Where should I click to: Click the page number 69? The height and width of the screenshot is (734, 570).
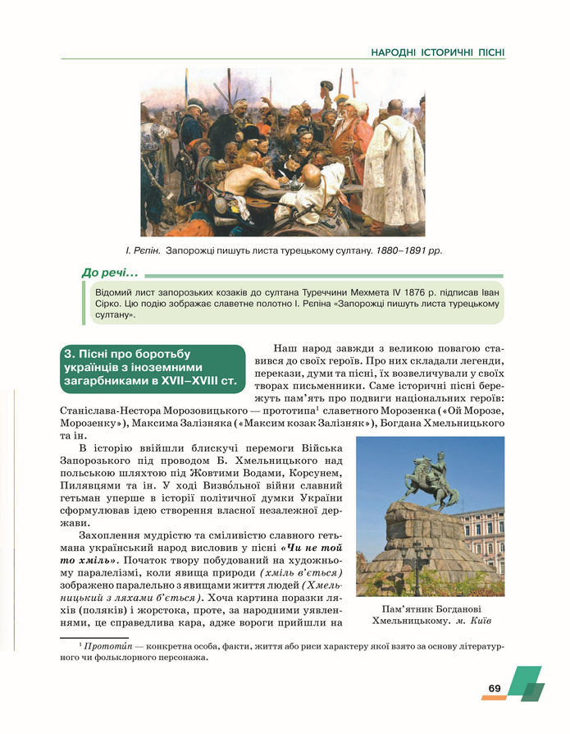495,687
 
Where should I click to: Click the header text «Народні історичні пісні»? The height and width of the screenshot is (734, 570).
437,53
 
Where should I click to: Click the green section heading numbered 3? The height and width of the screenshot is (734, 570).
153,367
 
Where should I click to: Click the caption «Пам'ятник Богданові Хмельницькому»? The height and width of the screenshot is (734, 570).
430,615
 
